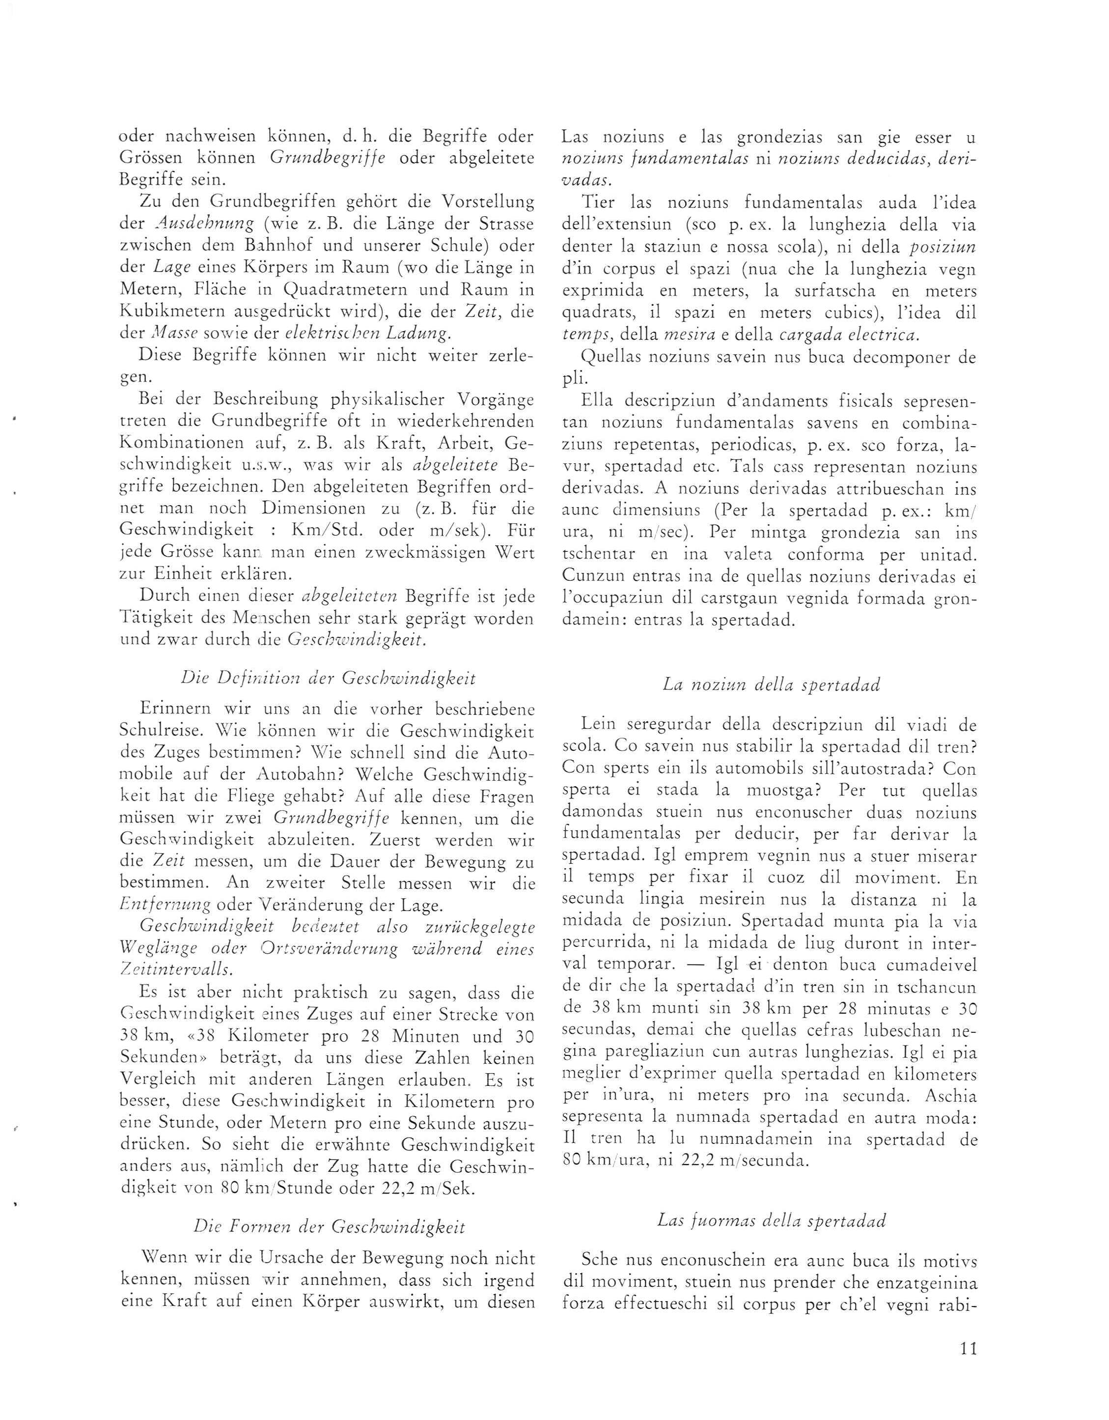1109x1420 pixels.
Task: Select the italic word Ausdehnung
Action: [199, 225]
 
